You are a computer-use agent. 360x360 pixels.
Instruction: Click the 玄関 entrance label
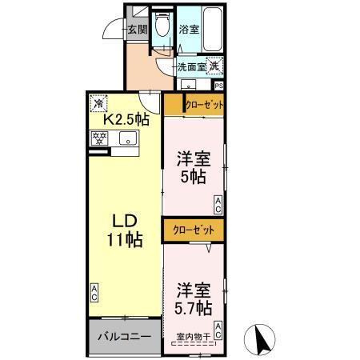135,30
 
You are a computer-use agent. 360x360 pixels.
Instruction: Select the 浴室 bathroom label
189,30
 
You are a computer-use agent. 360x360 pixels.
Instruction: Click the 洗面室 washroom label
190,67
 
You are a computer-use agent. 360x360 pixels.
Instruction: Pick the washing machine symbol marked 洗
214,68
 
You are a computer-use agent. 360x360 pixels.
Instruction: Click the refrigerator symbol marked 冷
99,102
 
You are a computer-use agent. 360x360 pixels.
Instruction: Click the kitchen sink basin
128,139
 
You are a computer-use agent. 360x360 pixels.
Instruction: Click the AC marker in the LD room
94,293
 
